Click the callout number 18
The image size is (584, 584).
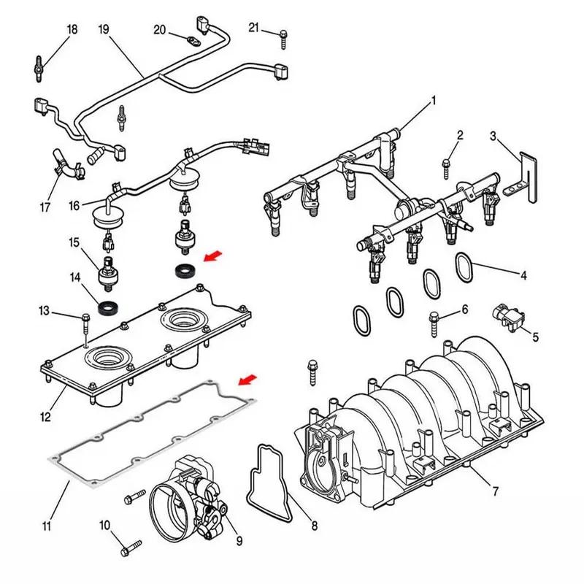pyautogui.click(x=72, y=30)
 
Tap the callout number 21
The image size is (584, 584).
pyautogui.click(x=253, y=28)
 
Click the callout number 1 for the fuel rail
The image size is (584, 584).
pyautogui.click(x=433, y=100)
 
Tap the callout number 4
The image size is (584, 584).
pyautogui.click(x=523, y=275)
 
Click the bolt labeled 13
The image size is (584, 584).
pyautogui.click(x=85, y=318)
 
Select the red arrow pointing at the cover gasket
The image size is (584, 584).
pyautogui.click(x=248, y=379)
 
